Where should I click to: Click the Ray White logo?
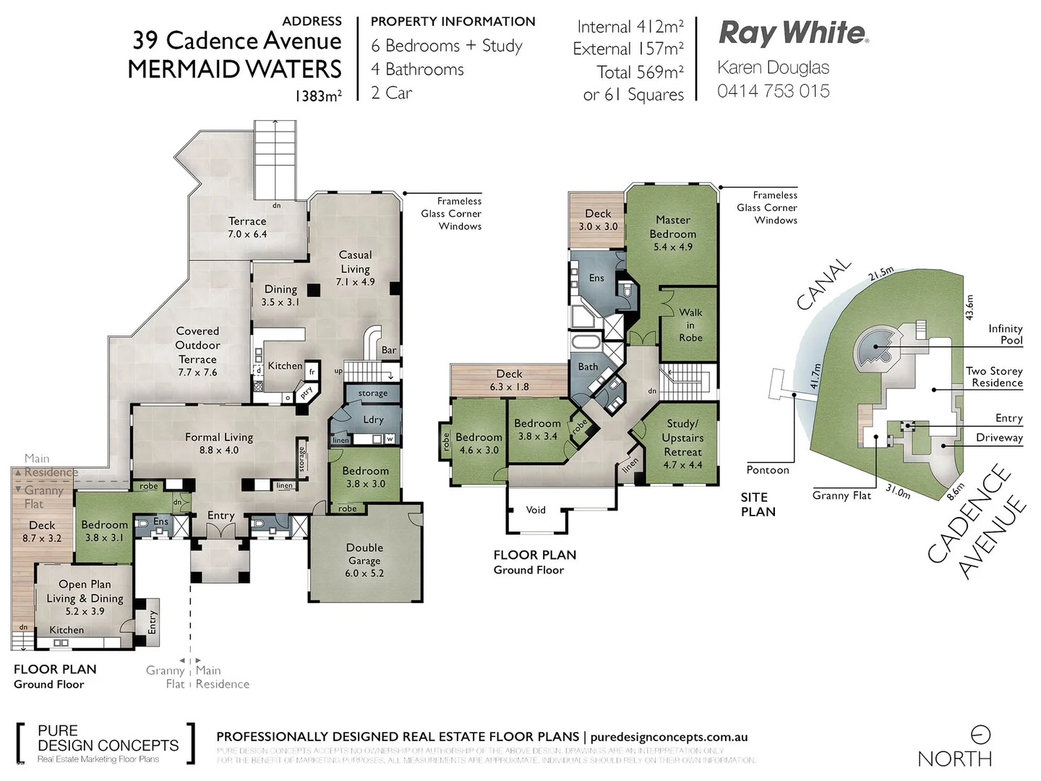coord(793,33)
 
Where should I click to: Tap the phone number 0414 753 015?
coord(773,91)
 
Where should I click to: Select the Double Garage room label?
coord(364,560)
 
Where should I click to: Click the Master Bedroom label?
coord(672,232)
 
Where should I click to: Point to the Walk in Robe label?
coord(690,325)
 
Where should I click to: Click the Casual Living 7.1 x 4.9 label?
coord(355,268)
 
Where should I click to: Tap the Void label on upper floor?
coord(536,510)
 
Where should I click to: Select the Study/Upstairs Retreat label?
coord(682,443)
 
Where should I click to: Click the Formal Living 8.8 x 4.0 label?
coord(219,443)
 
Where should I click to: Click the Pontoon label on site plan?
coord(768,470)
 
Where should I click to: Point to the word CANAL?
coord(823,284)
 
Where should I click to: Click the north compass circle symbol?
coord(980,735)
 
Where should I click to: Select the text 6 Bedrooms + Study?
coord(446,46)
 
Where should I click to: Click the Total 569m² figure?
coord(640,72)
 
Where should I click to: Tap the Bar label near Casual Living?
coord(389,350)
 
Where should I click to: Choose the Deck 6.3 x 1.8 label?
coord(509,380)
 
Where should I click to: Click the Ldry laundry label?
coord(373,419)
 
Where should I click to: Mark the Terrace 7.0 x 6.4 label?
coord(247,227)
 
